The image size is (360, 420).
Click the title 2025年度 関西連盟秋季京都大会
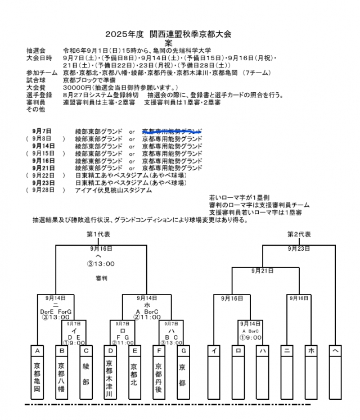click(x=168, y=34)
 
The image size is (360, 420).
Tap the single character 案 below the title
click(x=168, y=43)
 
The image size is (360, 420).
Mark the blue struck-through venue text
click(x=172, y=131)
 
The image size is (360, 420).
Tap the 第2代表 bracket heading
click(x=299, y=234)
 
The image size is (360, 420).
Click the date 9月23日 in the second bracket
click(x=299, y=248)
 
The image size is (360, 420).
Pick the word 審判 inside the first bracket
click(x=101, y=278)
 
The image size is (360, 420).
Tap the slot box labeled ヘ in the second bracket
click(x=336, y=350)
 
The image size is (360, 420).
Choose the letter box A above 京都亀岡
click(x=37, y=350)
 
